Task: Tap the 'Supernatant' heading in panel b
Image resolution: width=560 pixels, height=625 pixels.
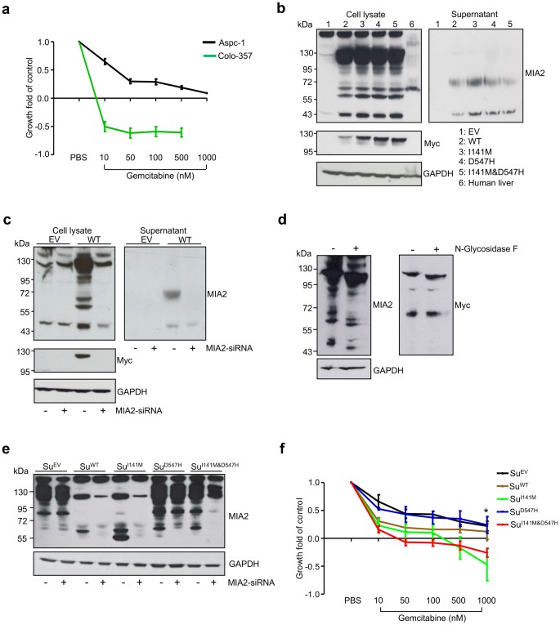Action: (x=473, y=16)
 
